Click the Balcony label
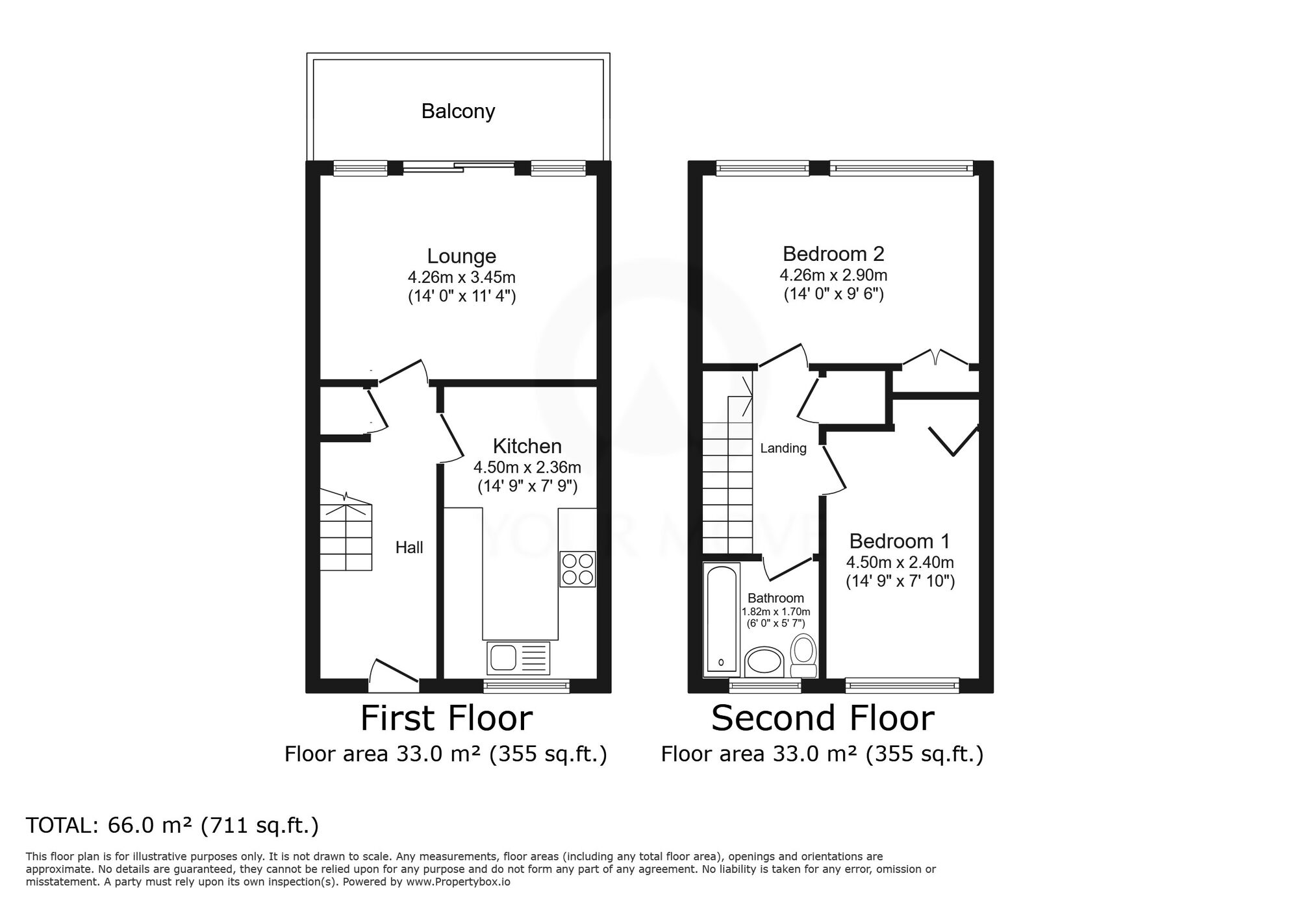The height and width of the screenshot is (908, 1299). click(x=458, y=112)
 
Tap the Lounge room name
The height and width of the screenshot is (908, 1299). click(x=461, y=256)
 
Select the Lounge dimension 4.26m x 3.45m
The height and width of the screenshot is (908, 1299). click(x=462, y=278)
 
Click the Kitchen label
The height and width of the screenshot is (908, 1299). click(x=527, y=447)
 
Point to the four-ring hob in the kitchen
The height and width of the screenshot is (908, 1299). click(x=577, y=569)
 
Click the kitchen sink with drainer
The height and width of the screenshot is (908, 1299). click(x=518, y=658)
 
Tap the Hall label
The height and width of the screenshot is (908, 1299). click(x=409, y=548)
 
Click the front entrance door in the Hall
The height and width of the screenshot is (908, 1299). click(x=394, y=672)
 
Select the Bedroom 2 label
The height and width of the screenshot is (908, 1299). click(x=833, y=254)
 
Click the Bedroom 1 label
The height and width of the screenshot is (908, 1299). click(x=900, y=541)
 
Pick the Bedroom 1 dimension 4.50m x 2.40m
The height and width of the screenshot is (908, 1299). click(x=900, y=562)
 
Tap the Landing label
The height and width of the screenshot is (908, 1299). click(x=783, y=448)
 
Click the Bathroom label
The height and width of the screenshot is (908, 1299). click(x=776, y=598)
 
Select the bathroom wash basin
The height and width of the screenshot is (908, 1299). click(x=764, y=661)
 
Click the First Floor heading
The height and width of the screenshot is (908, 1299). click(x=446, y=718)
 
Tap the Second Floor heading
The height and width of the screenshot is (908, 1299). click(x=822, y=718)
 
